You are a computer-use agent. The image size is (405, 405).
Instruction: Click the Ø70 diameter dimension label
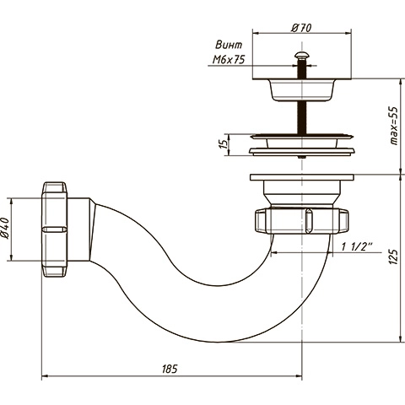click(302, 28)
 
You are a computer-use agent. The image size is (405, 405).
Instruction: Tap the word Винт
click(229, 45)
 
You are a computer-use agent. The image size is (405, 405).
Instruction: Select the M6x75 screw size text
click(229, 60)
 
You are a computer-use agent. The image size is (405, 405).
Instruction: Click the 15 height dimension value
click(224, 144)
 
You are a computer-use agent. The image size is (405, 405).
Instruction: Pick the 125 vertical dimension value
click(394, 256)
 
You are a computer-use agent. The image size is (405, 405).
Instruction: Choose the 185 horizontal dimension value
click(170, 369)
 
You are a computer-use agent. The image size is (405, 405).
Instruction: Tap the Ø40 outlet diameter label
click(6, 228)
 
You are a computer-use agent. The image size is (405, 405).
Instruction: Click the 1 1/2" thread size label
click(357, 247)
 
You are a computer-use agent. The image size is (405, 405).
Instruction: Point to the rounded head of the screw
click(301, 55)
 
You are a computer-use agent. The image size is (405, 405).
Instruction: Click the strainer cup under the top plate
click(302, 90)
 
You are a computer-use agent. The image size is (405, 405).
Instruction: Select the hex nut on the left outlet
click(55, 229)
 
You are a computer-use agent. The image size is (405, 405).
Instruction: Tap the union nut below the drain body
click(301, 221)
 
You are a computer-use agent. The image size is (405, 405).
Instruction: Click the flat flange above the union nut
click(302, 177)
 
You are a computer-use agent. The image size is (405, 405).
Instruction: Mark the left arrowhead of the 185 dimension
click(45, 375)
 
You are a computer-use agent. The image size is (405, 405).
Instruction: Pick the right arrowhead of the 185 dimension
click(299, 375)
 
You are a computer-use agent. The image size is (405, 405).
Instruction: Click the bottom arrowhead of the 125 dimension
click(401, 339)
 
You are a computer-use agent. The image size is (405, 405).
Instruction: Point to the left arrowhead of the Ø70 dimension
click(256, 33)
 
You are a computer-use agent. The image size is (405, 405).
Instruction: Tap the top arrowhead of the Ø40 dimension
click(11, 202)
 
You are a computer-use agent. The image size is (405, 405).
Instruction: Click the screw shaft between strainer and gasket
click(301, 117)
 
